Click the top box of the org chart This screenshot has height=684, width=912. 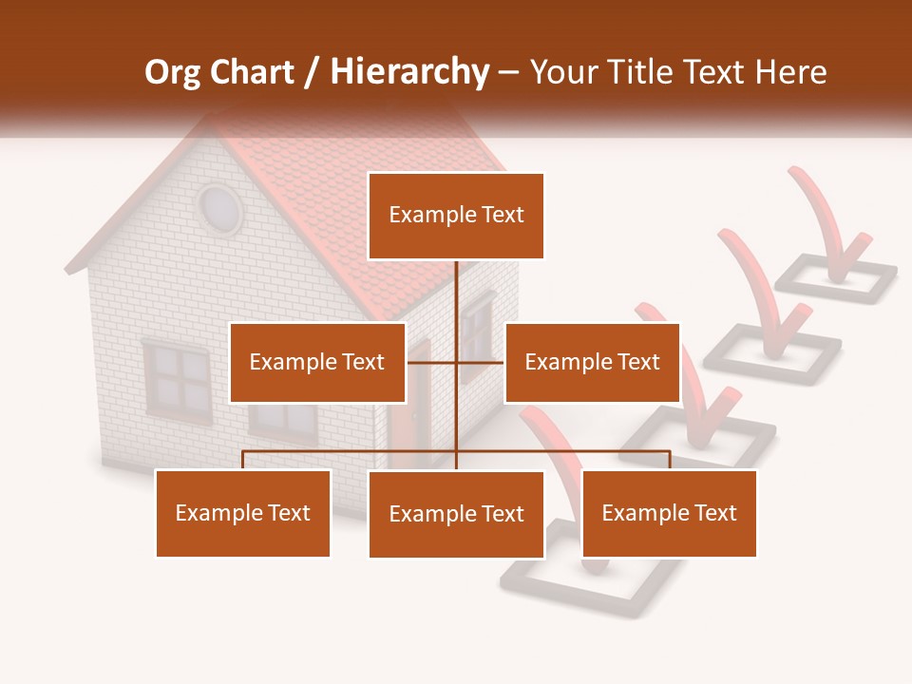tap(456, 216)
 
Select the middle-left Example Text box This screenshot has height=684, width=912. tap(317, 362)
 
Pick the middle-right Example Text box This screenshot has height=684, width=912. tap(592, 362)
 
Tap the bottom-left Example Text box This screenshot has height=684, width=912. tap(243, 513)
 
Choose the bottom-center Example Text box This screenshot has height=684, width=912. tap(456, 514)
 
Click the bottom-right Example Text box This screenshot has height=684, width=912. tap(669, 513)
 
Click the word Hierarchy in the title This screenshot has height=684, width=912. tap(409, 72)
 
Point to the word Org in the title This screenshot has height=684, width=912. tap(173, 72)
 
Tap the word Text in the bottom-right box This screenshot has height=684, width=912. tap(714, 513)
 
